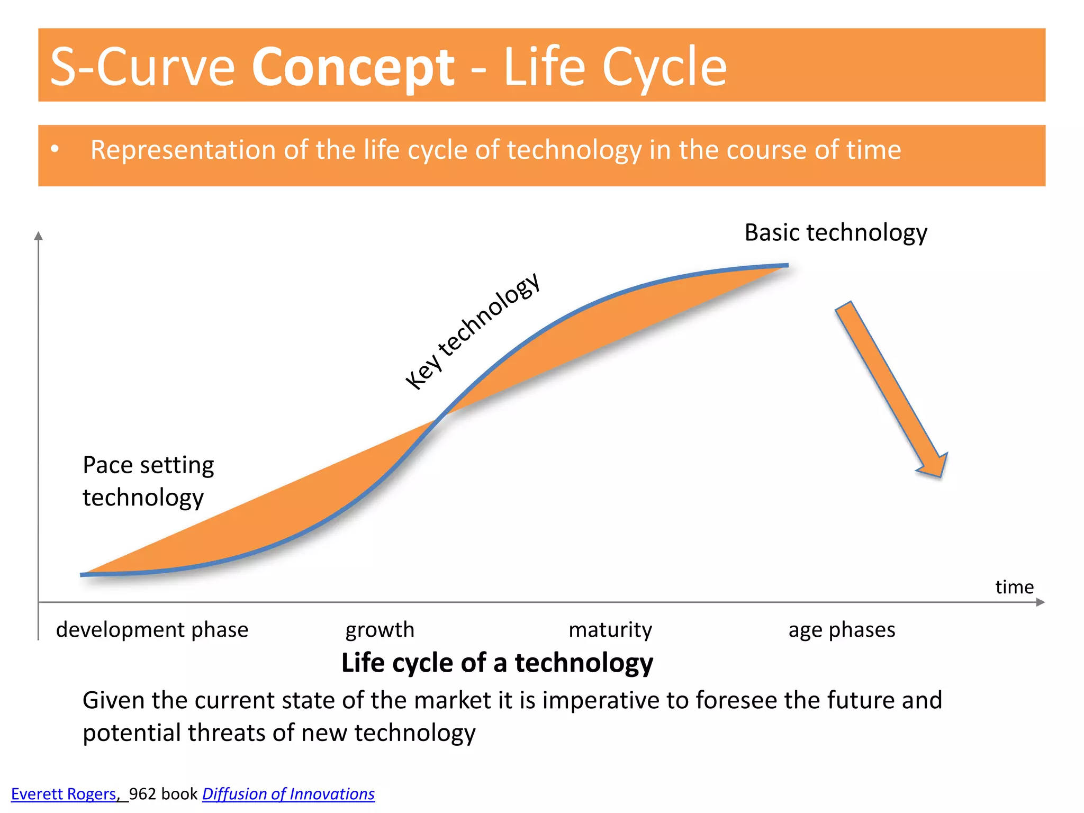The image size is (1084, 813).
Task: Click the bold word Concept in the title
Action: pyautogui.click(x=353, y=67)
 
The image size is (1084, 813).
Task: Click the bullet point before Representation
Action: pyautogui.click(x=55, y=150)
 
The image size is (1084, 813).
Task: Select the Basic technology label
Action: pyautogui.click(x=835, y=233)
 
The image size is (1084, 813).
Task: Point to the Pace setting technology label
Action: pyautogui.click(x=148, y=481)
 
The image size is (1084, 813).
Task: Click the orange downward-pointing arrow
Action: pyautogui.click(x=891, y=389)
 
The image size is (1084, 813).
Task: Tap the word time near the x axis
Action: pyautogui.click(x=1014, y=587)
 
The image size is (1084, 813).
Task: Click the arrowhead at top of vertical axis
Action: pyautogui.click(x=38, y=236)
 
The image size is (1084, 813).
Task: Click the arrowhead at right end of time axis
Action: pyautogui.click(x=1040, y=602)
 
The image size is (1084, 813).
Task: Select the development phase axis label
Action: pyautogui.click(x=152, y=630)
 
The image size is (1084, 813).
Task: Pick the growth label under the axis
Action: pyautogui.click(x=380, y=630)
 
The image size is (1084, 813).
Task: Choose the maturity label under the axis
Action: pyautogui.click(x=610, y=630)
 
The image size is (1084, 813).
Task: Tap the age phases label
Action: pyautogui.click(x=842, y=630)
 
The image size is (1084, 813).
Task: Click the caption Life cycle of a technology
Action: pyautogui.click(x=497, y=663)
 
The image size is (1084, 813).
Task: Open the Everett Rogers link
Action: pyautogui.click(x=64, y=794)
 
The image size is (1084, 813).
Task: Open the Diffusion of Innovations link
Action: pyautogui.click(x=288, y=794)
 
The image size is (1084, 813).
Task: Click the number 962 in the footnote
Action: pyautogui.click(x=142, y=794)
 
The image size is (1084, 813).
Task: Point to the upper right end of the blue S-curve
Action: pyautogui.click(x=786, y=265)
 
